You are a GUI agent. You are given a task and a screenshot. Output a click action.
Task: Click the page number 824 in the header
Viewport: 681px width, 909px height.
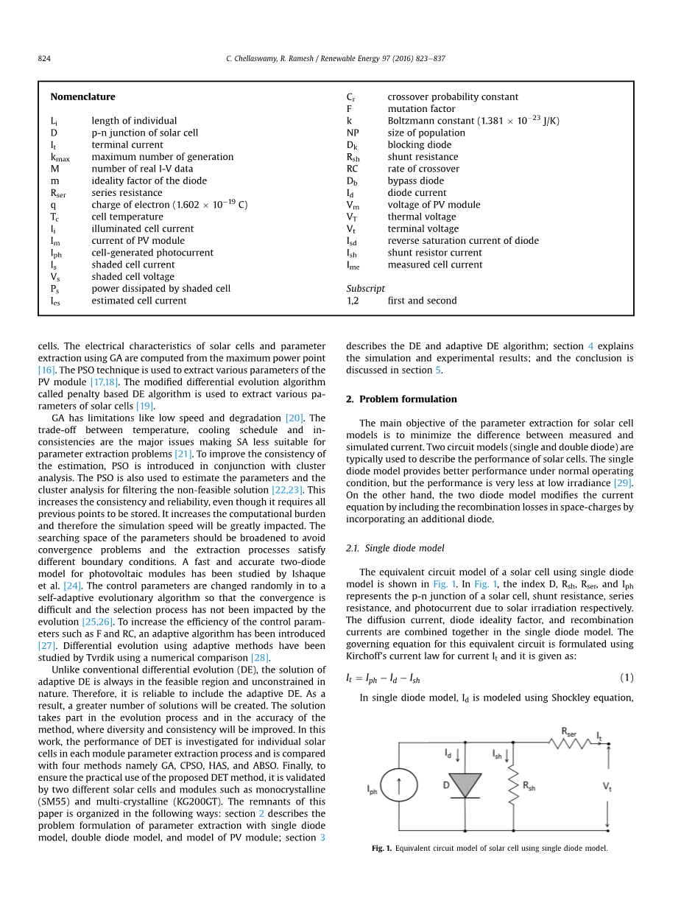tap(43, 59)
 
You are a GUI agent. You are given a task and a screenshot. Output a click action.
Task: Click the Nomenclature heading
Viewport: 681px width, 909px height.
tap(82, 96)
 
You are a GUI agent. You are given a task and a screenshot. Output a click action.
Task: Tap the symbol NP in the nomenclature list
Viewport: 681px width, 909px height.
tap(353, 133)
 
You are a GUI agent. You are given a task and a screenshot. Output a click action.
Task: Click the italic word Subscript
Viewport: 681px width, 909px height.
tap(365, 289)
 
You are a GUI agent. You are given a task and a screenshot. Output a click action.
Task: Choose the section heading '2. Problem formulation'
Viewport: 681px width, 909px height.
tap(401, 399)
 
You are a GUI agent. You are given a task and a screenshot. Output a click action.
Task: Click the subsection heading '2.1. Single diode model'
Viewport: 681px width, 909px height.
tap(395, 549)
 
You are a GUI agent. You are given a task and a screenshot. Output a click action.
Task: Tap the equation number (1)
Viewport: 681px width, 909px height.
tap(626, 678)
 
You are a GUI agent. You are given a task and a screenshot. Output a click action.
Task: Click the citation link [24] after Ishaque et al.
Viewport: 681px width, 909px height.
tap(72, 586)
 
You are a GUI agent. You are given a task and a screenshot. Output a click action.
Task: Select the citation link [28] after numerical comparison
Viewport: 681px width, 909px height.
tap(260, 658)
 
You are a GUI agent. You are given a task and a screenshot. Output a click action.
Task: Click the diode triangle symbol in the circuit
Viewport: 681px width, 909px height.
tap(465, 785)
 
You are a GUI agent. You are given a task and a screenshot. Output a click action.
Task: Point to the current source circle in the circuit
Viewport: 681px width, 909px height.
tap(399, 787)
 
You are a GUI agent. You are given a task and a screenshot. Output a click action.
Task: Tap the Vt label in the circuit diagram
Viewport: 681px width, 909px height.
tap(607, 787)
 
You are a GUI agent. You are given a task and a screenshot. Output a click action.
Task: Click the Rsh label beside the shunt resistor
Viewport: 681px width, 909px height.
tap(529, 786)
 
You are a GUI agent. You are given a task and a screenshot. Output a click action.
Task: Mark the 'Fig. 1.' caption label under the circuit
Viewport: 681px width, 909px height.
tap(381, 849)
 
